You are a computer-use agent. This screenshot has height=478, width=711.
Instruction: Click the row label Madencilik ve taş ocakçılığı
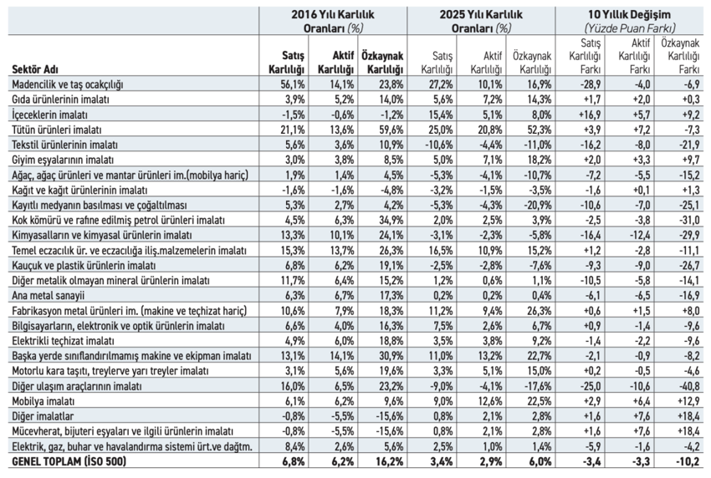click(x=68, y=84)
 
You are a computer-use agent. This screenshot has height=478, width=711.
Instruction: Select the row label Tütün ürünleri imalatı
click(x=57, y=130)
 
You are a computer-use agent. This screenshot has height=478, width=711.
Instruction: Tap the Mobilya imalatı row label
click(x=43, y=401)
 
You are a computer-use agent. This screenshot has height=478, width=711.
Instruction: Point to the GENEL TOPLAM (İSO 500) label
click(x=69, y=461)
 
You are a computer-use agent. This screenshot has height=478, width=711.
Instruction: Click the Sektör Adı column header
click(x=35, y=69)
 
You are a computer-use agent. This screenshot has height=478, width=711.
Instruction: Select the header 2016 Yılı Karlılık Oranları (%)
click(x=333, y=21)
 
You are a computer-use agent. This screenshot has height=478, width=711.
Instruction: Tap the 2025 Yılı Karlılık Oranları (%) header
click(x=481, y=21)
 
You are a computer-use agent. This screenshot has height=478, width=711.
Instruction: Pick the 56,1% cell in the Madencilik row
click(x=293, y=84)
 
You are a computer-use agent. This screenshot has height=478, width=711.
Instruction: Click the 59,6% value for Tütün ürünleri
click(x=391, y=130)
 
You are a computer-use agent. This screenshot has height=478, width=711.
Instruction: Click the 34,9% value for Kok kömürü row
click(x=391, y=220)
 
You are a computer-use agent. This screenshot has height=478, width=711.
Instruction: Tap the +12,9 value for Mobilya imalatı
click(x=688, y=401)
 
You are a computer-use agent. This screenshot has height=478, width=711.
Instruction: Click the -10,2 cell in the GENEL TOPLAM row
click(x=688, y=461)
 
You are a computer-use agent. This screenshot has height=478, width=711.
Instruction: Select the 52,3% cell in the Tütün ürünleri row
click(x=539, y=130)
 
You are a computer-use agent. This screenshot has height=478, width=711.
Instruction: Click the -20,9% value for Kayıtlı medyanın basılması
click(x=537, y=205)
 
